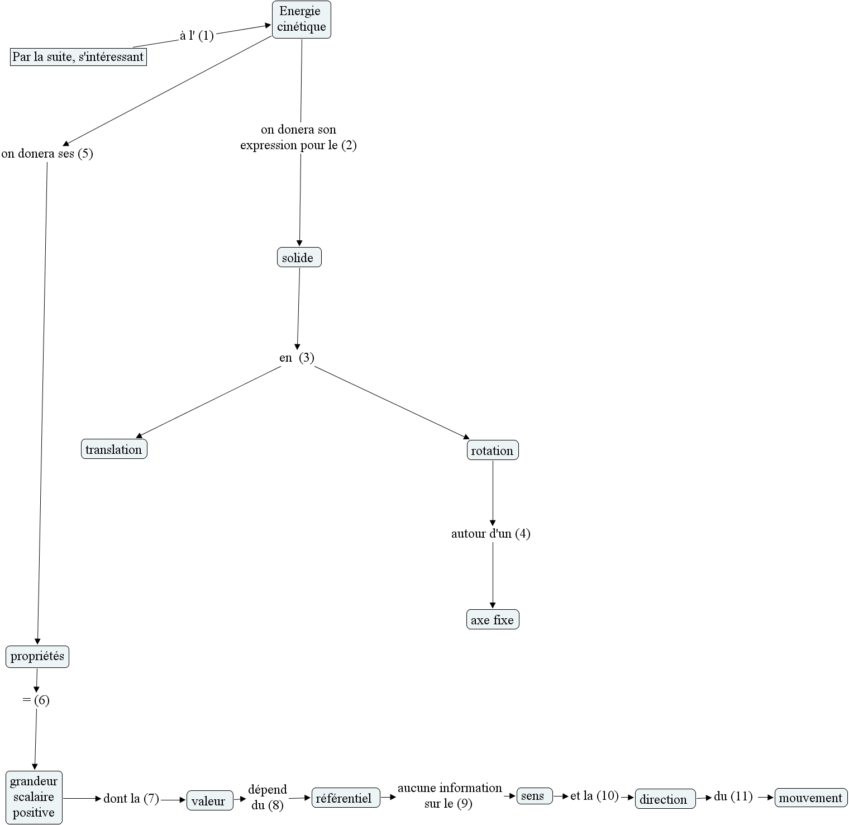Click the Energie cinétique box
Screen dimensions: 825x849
(302, 20)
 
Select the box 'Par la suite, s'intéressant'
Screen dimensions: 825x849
(78, 57)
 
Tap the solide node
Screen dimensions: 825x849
(299, 258)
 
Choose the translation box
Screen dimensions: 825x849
(114, 449)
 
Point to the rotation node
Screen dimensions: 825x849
(493, 451)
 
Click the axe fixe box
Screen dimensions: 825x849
(493, 620)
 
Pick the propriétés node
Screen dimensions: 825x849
(37, 656)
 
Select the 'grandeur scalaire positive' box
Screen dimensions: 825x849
(34, 797)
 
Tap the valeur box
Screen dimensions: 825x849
(209, 801)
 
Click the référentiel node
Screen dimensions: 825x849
(345, 798)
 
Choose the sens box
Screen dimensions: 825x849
(534, 796)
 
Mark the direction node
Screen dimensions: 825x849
(665, 799)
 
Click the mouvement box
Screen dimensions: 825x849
(810, 798)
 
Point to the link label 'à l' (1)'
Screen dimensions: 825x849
(197, 36)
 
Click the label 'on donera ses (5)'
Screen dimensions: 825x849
(47, 154)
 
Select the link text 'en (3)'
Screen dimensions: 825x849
(297, 358)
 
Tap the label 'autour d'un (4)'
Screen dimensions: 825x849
(491, 534)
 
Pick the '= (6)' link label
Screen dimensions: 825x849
(36, 700)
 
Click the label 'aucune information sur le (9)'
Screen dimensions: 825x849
(450, 795)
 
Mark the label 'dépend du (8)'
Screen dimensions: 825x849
(268, 797)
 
